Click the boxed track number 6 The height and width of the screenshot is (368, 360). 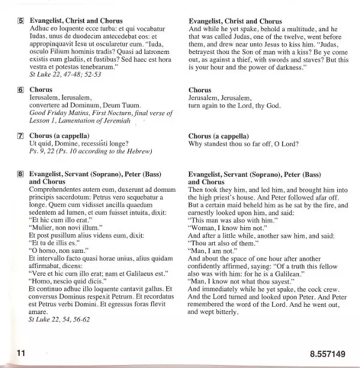coord(21,90)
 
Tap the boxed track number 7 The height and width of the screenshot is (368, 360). coord(21,136)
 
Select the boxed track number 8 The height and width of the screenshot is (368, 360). coord(21,175)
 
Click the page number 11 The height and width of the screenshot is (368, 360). coord(21,354)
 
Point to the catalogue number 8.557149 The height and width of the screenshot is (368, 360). coord(328,354)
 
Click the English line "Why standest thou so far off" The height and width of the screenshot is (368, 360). coord(243,144)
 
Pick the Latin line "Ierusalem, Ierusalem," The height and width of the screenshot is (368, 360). coord(60,97)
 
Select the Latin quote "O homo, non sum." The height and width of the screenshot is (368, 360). coord(58,251)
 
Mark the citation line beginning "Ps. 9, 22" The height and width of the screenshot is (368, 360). coord(90,152)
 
